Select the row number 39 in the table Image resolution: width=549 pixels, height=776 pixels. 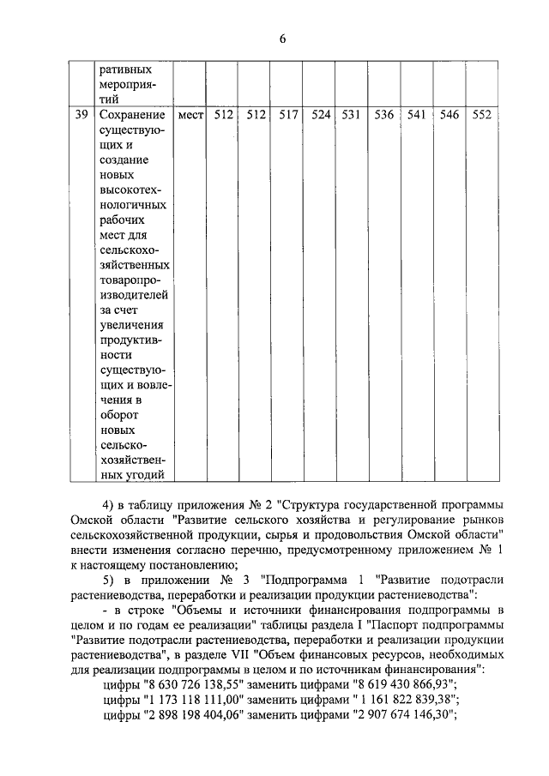pos(81,115)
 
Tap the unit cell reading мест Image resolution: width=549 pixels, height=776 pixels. pos(190,115)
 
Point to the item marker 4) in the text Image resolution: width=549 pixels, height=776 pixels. pos(109,502)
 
